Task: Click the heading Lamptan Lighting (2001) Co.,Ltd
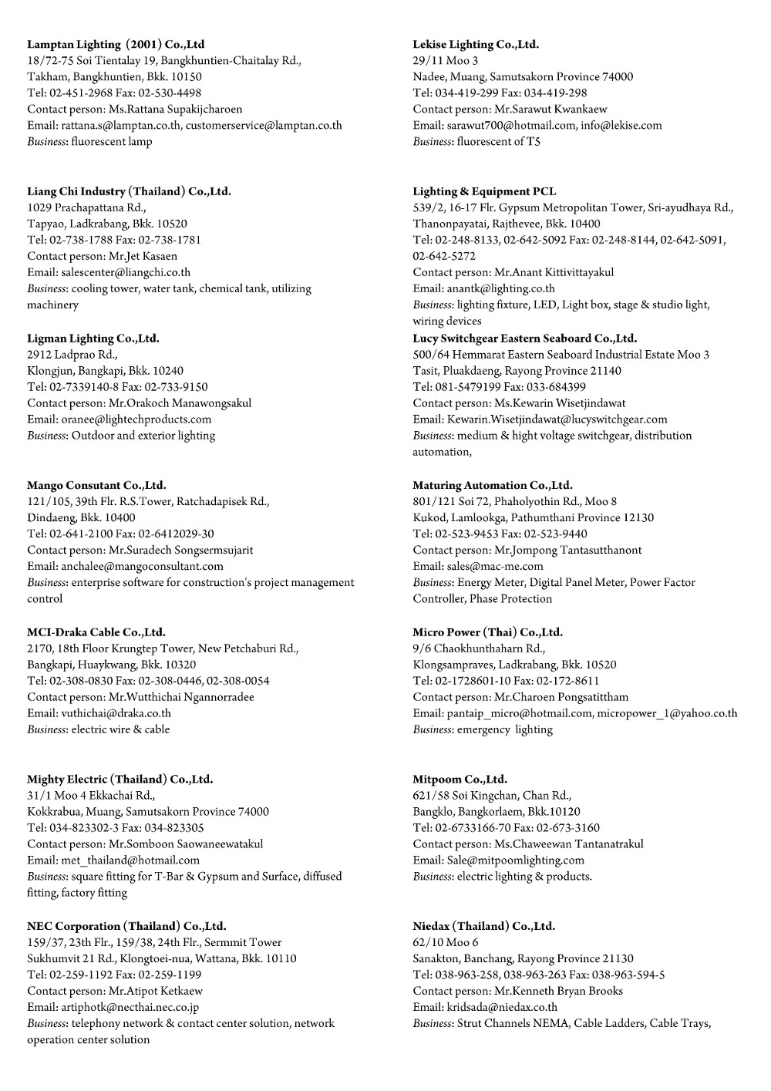coord(116,45)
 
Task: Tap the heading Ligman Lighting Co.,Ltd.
coord(93,338)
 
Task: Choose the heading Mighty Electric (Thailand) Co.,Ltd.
coord(120,780)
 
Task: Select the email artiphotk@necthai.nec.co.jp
coord(130,1007)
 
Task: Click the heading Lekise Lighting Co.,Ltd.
coord(476,45)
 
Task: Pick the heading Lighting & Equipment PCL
coord(484,191)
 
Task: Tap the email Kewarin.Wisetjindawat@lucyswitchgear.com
coord(557,419)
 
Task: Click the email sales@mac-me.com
coord(495,567)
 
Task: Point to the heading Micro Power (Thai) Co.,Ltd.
coord(487,632)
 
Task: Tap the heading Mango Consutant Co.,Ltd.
coord(96,486)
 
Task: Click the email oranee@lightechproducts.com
coord(136,419)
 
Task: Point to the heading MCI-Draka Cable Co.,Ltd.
coord(96,632)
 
